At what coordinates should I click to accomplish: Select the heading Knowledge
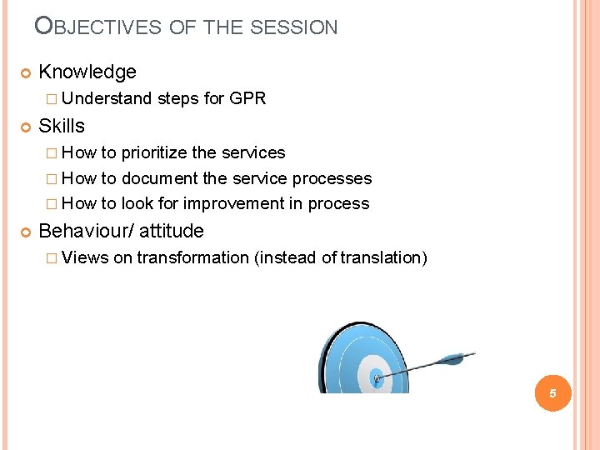point(87,72)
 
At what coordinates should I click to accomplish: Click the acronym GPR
point(247,98)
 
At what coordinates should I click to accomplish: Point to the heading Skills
point(62,126)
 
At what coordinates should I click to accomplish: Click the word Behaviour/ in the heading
point(86,231)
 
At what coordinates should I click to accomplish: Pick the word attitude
point(171,231)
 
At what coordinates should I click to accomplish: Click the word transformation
point(192,257)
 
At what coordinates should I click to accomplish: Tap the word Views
point(85,257)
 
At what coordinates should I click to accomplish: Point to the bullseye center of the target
point(376,378)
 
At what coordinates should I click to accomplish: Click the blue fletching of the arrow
point(454,359)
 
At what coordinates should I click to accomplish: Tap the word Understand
point(107,98)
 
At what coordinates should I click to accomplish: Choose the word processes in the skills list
point(332,178)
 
